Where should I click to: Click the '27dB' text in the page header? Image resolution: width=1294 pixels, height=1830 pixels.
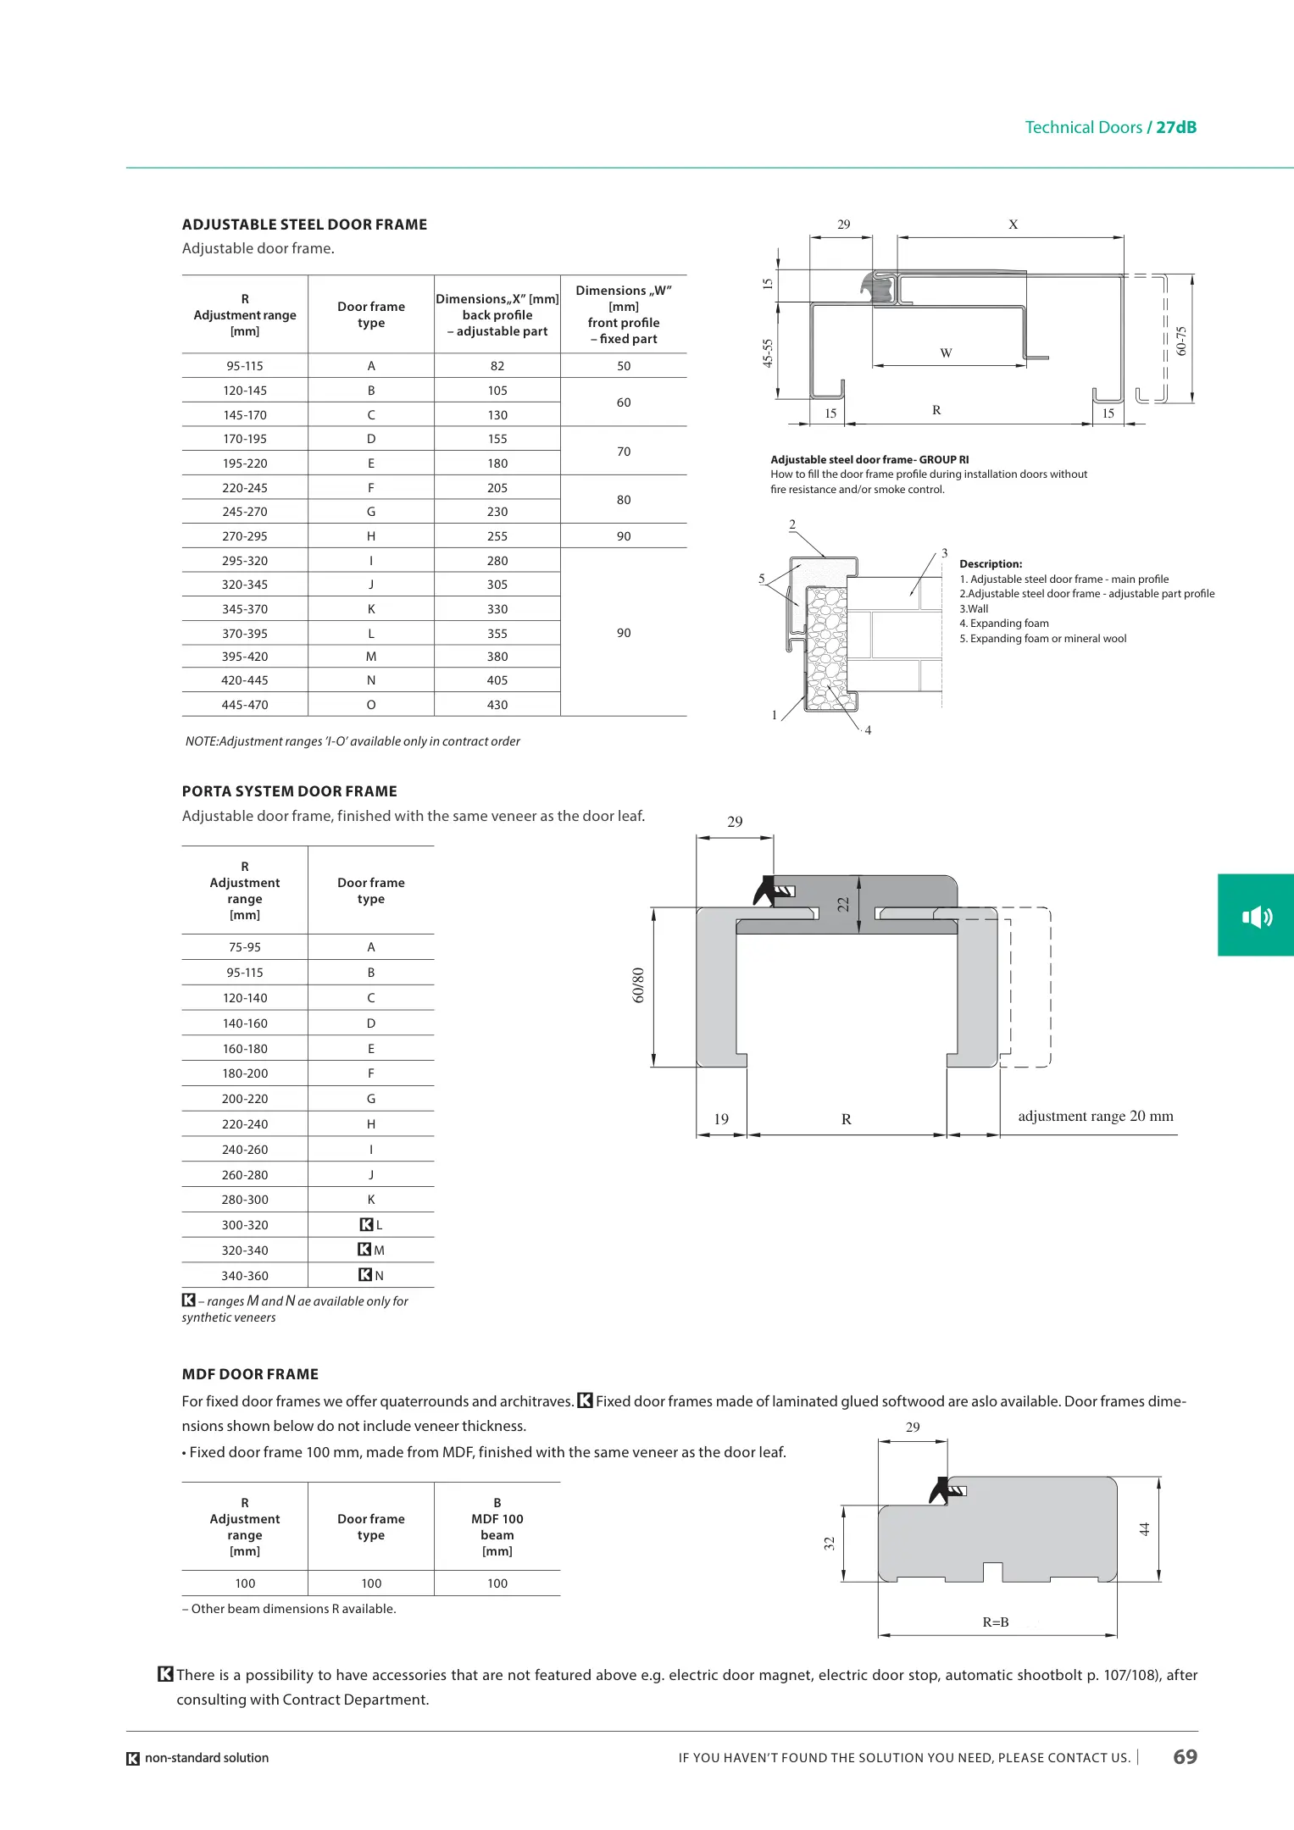(1176, 128)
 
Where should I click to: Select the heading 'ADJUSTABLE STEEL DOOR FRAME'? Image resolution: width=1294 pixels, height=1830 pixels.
(304, 225)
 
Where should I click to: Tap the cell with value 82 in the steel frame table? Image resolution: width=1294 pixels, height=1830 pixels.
(497, 366)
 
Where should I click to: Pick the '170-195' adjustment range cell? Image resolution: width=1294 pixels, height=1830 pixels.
(245, 439)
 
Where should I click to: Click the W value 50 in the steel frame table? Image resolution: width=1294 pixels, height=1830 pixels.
(624, 366)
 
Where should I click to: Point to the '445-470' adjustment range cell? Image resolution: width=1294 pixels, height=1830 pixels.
(245, 705)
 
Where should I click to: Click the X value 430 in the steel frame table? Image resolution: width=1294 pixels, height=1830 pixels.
(497, 705)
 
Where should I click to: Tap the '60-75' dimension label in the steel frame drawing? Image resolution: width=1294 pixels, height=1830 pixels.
(1182, 341)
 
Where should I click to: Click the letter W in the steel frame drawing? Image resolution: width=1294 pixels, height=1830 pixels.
(946, 353)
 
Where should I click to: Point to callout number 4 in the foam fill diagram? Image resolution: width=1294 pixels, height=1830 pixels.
(868, 730)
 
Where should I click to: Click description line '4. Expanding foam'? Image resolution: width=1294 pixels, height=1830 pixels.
(1004, 624)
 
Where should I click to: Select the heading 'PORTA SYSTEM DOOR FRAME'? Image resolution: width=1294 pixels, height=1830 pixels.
(289, 791)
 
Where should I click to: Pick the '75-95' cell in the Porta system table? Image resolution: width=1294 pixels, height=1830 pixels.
(245, 947)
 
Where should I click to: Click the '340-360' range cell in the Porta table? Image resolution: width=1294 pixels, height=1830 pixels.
(245, 1276)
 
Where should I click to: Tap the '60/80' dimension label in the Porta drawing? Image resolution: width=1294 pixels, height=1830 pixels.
(639, 985)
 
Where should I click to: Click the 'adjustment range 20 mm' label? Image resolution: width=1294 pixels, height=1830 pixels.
(1096, 1117)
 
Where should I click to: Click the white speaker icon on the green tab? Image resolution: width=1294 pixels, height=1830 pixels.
(1257, 917)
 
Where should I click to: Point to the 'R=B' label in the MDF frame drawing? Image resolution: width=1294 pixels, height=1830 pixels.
(996, 1622)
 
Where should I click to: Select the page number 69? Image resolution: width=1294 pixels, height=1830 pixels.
(1185, 1757)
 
